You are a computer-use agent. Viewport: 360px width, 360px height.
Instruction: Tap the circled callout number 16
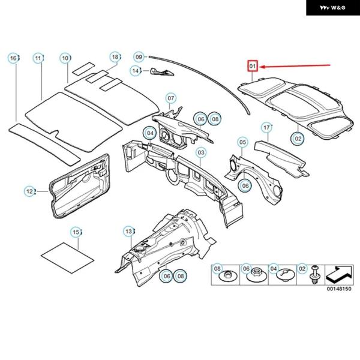point(13,58)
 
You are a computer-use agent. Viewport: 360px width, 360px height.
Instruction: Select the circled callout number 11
point(38,58)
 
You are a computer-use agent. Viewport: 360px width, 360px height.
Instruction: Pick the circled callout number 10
point(65,58)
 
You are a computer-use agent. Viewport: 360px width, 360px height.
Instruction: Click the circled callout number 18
point(115,57)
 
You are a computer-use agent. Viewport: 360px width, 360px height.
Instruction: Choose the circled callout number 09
point(139,57)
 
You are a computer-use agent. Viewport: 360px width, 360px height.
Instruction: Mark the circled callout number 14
point(137,71)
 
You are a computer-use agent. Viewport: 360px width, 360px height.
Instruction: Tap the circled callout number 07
point(170,98)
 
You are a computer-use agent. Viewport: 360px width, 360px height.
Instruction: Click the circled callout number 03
point(201,154)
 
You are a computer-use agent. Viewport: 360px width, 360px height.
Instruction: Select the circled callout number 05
point(242,142)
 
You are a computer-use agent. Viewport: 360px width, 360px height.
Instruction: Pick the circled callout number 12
point(29,191)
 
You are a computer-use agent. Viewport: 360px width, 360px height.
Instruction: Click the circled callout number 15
point(76,232)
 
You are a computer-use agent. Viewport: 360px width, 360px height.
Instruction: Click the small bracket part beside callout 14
point(160,73)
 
